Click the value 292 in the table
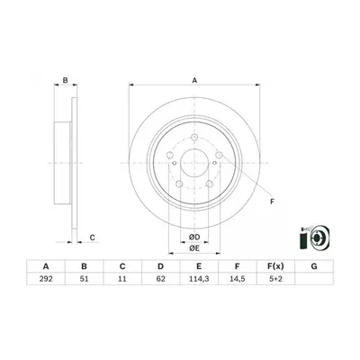[x=46, y=279]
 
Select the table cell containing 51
[x=85, y=279]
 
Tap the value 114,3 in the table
[x=199, y=279]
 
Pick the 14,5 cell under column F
[x=238, y=279]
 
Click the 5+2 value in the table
[x=275, y=279]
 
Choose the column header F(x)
[x=275, y=266]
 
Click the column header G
[x=314, y=266]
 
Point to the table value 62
[x=161, y=279]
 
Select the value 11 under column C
[x=122, y=279]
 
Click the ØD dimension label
[x=194, y=238]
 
